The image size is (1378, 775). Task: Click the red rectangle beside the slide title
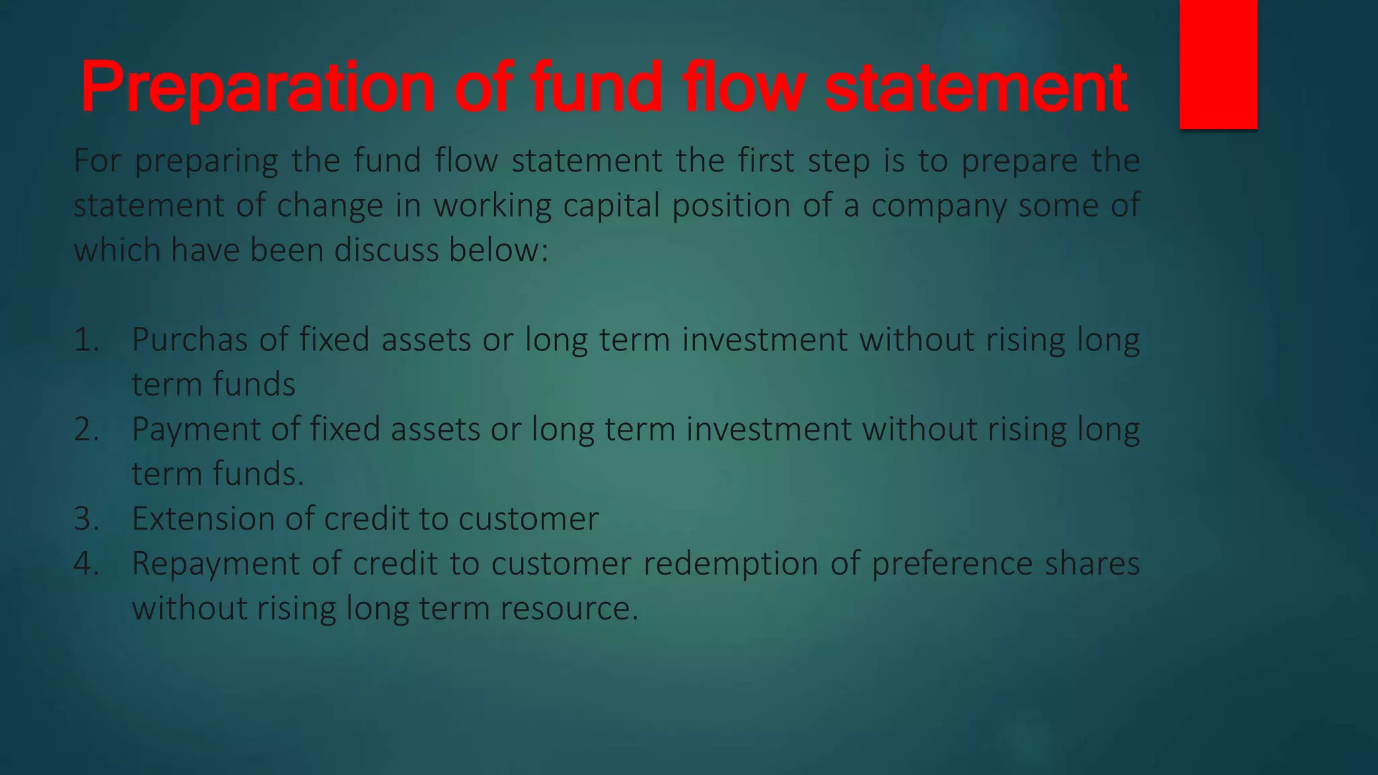point(1218,64)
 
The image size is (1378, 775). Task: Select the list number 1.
point(86,340)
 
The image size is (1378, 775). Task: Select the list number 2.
point(86,429)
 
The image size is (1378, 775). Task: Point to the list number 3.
point(86,519)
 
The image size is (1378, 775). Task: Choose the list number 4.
point(86,564)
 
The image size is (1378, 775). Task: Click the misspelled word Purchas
point(190,340)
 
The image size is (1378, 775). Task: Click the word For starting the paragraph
point(98,161)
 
